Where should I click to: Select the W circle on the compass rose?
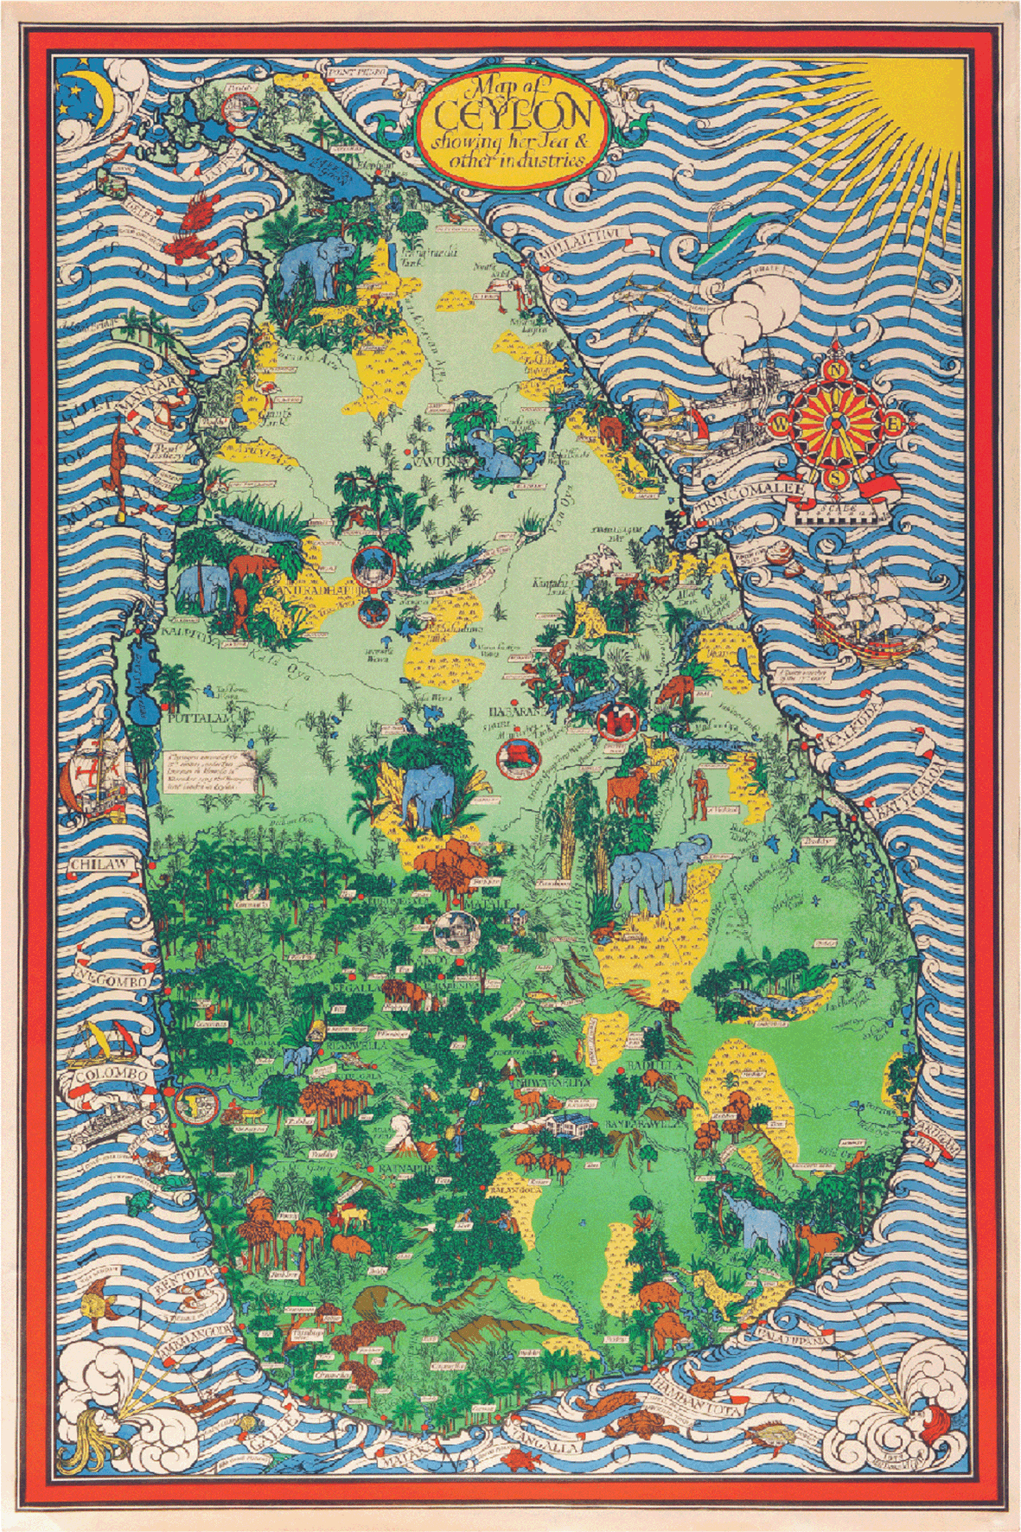pyautogui.click(x=778, y=423)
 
